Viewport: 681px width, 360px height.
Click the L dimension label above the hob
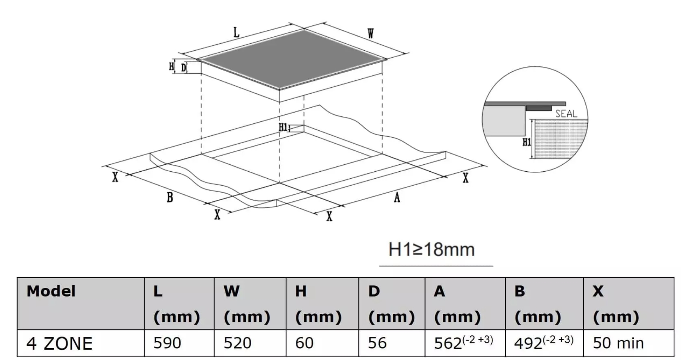(x=237, y=32)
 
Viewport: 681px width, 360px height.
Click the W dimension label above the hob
(x=370, y=33)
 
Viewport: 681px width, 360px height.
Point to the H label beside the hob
(x=171, y=67)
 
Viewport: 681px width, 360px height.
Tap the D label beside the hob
(x=184, y=68)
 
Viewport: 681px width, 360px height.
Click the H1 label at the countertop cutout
(x=283, y=127)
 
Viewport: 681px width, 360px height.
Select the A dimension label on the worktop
(x=397, y=197)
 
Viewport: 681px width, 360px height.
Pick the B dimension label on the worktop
(x=170, y=197)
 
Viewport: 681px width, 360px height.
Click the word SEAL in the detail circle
(x=566, y=114)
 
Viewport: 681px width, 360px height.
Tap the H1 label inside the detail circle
(x=527, y=142)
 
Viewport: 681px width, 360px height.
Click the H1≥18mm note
(x=432, y=249)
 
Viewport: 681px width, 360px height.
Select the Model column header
(x=51, y=291)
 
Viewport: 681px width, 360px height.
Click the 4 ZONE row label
(x=60, y=343)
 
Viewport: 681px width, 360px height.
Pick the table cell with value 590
(x=179, y=343)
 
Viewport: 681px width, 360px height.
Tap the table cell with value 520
(x=250, y=343)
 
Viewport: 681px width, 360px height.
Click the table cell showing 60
(x=322, y=343)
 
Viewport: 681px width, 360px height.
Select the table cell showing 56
(x=392, y=343)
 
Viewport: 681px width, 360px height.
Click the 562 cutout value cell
(x=465, y=343)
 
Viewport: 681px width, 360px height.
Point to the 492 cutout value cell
(x=544, y=343)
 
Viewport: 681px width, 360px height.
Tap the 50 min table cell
(x=628, y=343)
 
